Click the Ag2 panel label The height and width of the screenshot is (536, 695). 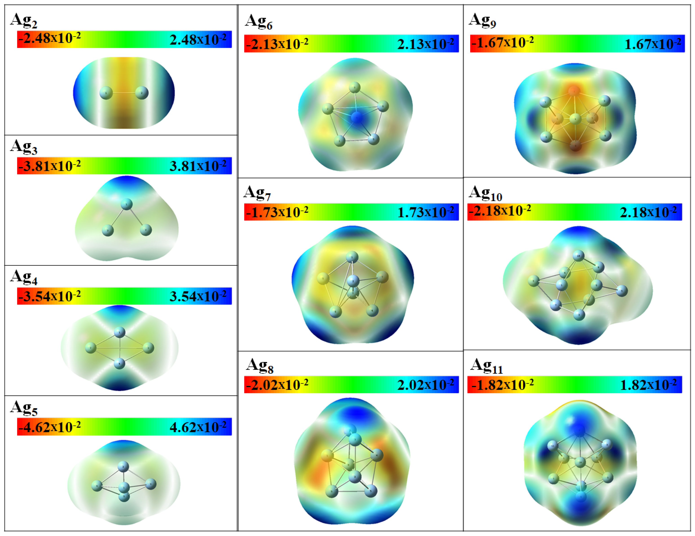[x=24, y=20]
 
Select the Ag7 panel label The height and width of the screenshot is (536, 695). [x=257, y=193]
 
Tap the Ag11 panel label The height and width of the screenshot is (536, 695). [x=486, y=366]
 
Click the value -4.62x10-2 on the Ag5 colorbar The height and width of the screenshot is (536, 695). [x=49, y=427]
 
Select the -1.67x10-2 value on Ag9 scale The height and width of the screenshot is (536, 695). [x=503, y=42]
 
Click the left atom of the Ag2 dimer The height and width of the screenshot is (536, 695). [x=106, y=93]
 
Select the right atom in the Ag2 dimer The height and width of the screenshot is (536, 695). [x=142, y=93]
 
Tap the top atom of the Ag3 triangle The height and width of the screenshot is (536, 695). [x=127, y=204]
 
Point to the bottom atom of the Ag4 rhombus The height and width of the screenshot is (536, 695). [x=119, y=363]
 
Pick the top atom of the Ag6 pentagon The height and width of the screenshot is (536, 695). [x=355, y=87]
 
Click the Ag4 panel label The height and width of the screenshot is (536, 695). [x=24, y=278]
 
